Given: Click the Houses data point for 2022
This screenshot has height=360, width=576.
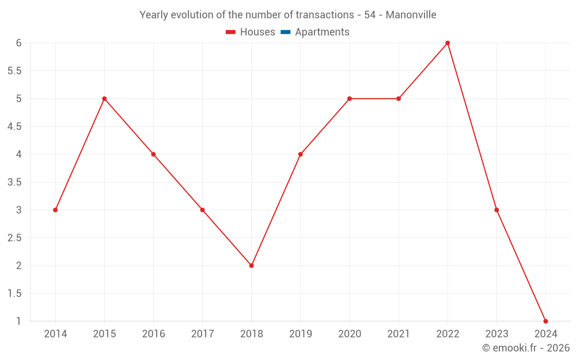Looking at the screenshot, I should (x=448, y=43).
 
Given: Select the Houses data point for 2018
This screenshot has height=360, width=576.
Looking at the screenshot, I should (x=252, y=266).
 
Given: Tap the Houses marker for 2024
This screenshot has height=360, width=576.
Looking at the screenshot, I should (x=545, y=321).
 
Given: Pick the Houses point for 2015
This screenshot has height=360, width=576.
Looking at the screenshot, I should (x=104, y=98).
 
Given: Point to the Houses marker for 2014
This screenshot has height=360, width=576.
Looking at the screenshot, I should (x=55, y=210).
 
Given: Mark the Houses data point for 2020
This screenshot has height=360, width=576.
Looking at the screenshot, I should (x=350, y=98).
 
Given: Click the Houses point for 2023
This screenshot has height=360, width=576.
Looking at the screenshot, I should (x=497, y=210).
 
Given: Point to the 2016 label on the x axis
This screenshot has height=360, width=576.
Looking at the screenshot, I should (x=153, y=334).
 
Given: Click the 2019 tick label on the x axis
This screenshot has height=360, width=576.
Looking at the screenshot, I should (x=301, y=334).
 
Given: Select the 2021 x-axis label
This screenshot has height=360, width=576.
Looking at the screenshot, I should (x=399, y=334).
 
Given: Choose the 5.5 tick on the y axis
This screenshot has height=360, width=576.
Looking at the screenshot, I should (x=14, y=71).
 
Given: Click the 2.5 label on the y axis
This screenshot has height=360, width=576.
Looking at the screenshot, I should (x=14, y=238).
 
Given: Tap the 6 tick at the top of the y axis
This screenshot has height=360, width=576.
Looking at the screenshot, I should (x=19, y=43).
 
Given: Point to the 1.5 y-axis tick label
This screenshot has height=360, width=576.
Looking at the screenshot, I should (x=14, y=293).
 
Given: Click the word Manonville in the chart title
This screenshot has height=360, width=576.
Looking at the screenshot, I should (x=411, y=14).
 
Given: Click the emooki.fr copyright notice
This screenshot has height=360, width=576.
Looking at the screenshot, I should (x=526, y=348).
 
